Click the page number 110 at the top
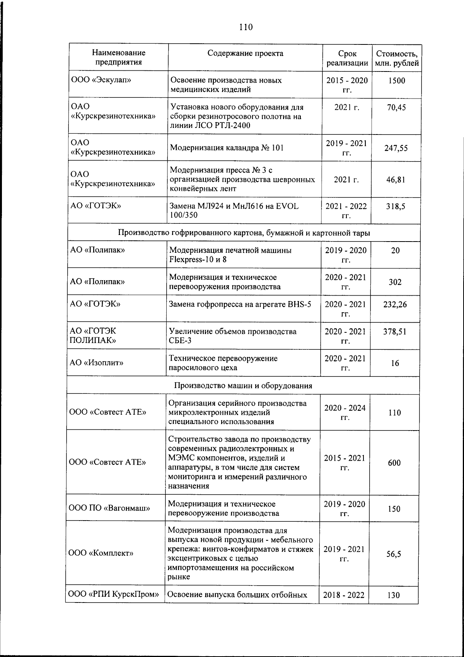(246, 27)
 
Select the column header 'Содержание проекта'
(245, 53)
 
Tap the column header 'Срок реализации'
(347, 58)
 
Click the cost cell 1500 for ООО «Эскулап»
(396, 80)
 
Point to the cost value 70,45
(396, 107)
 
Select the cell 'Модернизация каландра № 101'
(227, 148)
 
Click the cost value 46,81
(396, 180)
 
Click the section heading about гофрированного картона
(244, 233)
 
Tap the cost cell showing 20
(395, 250)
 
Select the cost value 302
(395, 282)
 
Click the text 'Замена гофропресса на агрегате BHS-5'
(240, 305)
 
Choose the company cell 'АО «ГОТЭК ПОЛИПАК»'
(93, 336)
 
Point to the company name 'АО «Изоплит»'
(97, 363)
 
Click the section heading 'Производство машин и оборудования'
(243, 386)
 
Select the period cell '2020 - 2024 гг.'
(345, 413)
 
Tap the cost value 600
(394, 463)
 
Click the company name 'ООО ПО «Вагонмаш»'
(109, 509)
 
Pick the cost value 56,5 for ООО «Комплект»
(394, 554)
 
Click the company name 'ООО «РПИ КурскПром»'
(114, 595)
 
